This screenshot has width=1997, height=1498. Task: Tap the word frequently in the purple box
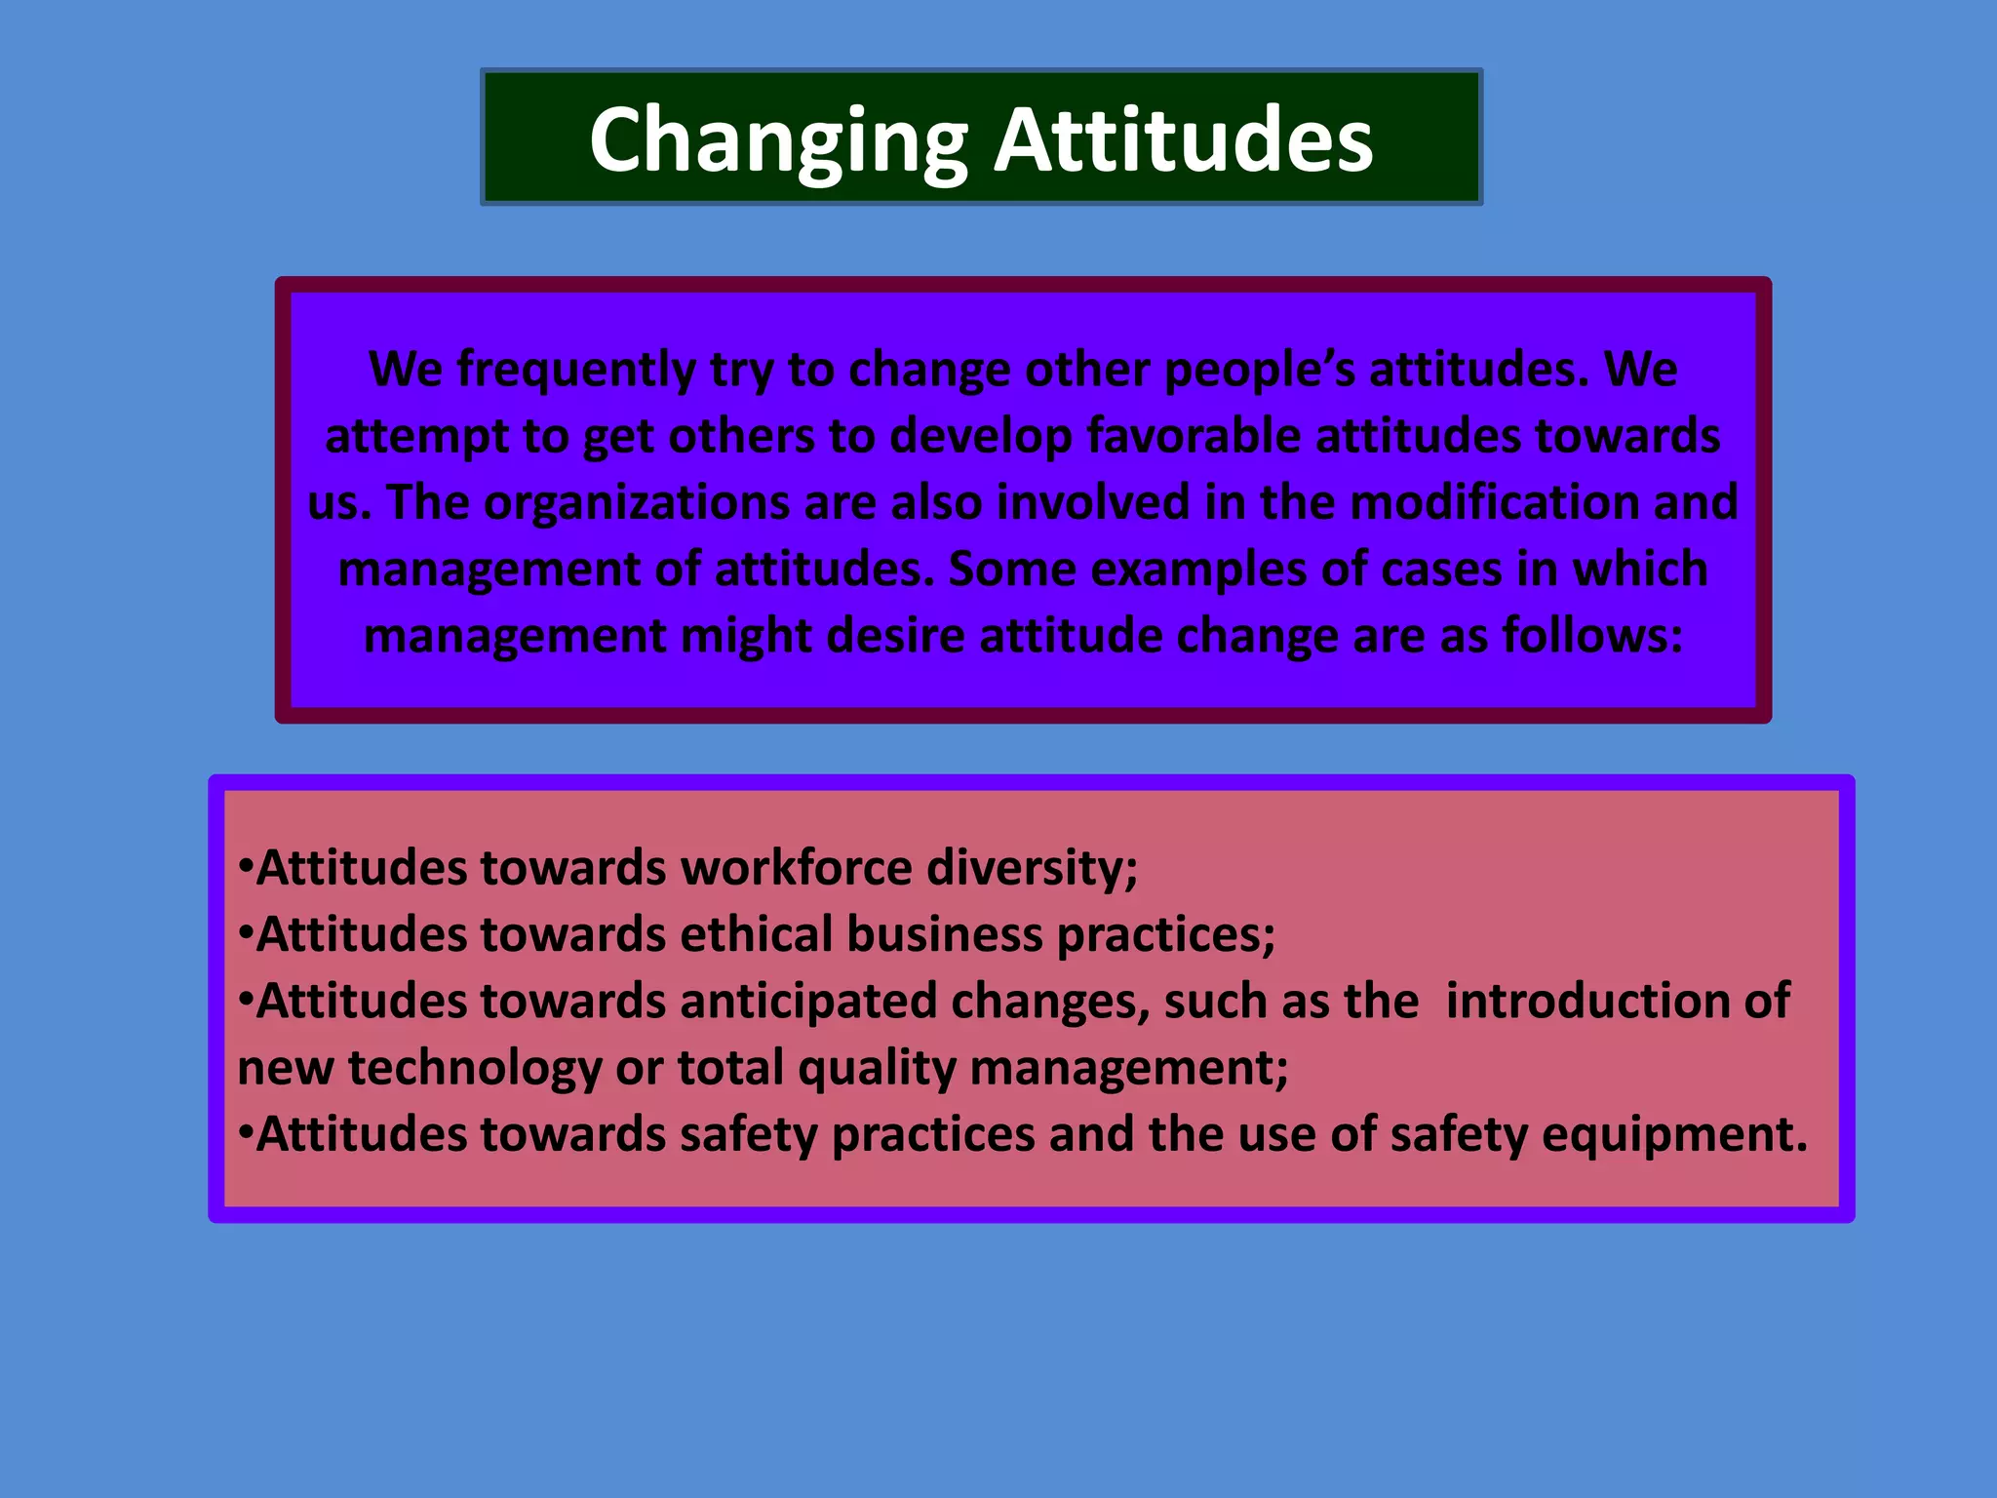point(576,370)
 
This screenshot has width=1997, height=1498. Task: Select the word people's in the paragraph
point(1259,370)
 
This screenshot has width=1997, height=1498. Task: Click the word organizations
point(636,502)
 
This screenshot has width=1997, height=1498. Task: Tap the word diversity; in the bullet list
point(1032,867)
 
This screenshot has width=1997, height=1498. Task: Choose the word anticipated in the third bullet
point(807,1001)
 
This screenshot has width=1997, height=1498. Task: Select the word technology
point(475,1068)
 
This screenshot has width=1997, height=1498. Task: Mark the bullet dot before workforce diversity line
point(245,864)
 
